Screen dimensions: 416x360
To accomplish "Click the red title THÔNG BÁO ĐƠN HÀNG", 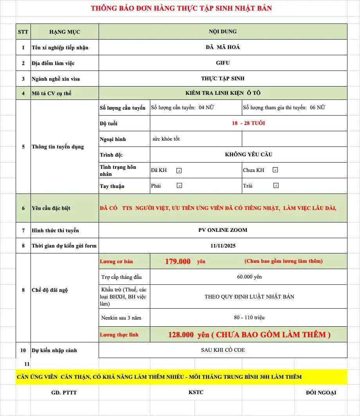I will point(181,8).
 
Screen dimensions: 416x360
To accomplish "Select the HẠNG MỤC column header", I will point(65,32).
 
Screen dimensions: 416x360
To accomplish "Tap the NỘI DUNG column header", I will point(223,31).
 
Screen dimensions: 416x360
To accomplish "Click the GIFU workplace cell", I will point(223,63).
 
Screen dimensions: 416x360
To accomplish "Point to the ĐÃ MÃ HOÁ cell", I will point(223,47).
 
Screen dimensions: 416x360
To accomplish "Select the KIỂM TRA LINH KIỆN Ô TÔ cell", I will point(223,93).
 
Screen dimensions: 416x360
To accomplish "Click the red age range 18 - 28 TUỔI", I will point(248,123).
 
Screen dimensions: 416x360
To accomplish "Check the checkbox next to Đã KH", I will point(179,170).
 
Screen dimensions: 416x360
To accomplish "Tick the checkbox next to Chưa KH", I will point(275,170).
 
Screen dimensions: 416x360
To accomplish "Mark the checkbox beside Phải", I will point(179,186).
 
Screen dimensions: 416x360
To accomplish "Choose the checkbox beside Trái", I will point(276,186).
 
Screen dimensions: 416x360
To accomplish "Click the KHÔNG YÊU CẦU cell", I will point(248,154).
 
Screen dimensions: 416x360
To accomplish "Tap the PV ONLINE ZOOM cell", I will point(223,230).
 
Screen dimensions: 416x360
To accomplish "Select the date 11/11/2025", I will point(223,246).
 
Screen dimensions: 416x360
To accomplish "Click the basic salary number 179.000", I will point(178,261).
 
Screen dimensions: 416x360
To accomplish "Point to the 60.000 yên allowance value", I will point(249,277).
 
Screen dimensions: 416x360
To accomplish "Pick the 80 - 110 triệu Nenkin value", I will point(249,318).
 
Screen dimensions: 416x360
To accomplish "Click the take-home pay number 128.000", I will point(181,335).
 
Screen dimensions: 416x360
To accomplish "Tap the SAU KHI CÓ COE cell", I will point(223,350).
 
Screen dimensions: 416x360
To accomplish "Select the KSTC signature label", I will point(196,392).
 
